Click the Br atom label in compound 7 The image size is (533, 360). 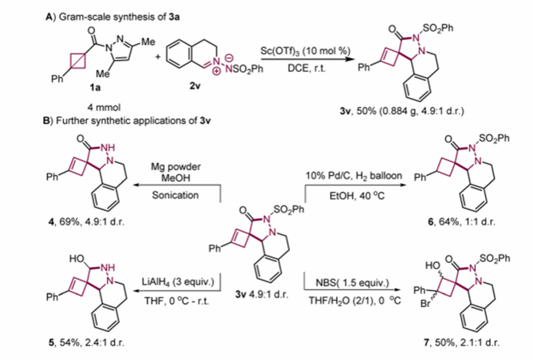coord(419,304)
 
